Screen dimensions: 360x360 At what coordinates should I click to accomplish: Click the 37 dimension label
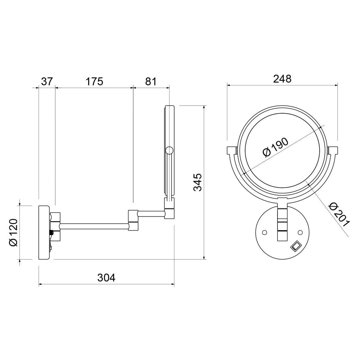click(47, 82)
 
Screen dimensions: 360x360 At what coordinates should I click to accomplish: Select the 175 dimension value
click(94, 82)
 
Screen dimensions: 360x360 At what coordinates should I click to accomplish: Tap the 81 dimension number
click(151, 82)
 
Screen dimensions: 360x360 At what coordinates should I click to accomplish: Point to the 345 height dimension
click(197, 182)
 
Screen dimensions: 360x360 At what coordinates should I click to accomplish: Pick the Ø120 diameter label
click(13, 232)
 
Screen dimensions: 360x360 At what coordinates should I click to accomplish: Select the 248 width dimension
click(282, 79)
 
